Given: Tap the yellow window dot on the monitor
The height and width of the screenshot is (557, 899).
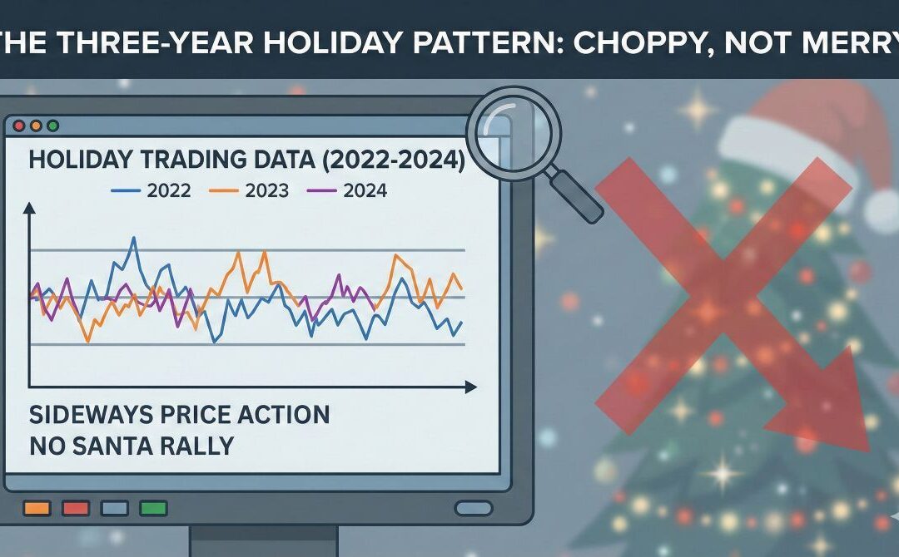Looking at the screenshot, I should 37,126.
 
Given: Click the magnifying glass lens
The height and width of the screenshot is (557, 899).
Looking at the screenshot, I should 514,133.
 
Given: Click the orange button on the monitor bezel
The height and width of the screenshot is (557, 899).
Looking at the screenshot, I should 37,506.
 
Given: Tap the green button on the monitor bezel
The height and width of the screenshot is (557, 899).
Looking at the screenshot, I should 154,506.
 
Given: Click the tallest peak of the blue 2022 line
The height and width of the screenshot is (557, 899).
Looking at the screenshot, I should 134,239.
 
